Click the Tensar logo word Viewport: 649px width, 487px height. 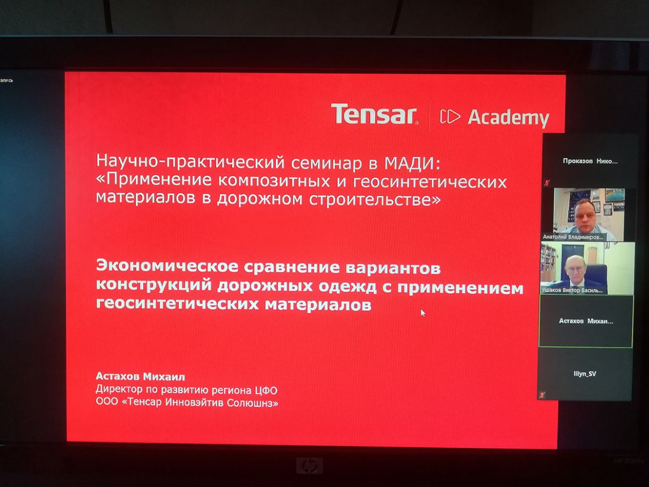pyautogui.click(x=375, y=114)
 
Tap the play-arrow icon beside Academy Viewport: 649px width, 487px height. pyautogui.click(x=450, y=117)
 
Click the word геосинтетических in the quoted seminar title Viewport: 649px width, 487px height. pyautogui.click(x=430, y=181)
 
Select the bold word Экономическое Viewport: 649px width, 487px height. pyautogui.click(x=167, y=266)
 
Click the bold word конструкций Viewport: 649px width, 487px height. pyautogui.click(x=154, y=284)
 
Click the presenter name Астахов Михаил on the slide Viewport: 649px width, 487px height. pyautogui.click(x=140, y=376)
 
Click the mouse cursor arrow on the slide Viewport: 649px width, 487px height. pyautogui.click(x=423, y=313)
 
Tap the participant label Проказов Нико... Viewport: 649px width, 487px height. pyautogui.click(x=590, y=161)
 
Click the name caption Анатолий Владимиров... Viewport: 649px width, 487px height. pyautogui.click(x=573, y=237)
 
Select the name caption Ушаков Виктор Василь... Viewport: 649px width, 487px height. pyautogui.click(x=572, y=291)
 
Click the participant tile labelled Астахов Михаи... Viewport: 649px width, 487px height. pyautogui.click(x=586, y=321)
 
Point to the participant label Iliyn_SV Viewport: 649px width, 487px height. pyautogui.click(x=585, y=374)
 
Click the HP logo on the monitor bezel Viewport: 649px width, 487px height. pyautogui.click(x=309, y=466)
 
